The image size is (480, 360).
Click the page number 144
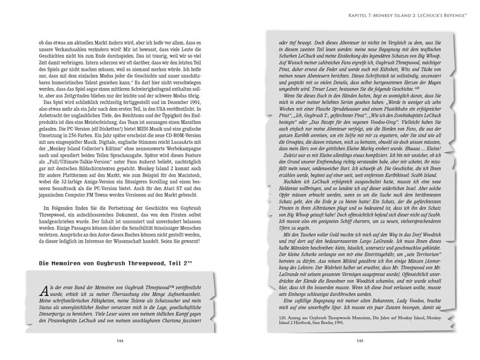120,343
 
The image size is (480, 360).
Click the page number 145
359,343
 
